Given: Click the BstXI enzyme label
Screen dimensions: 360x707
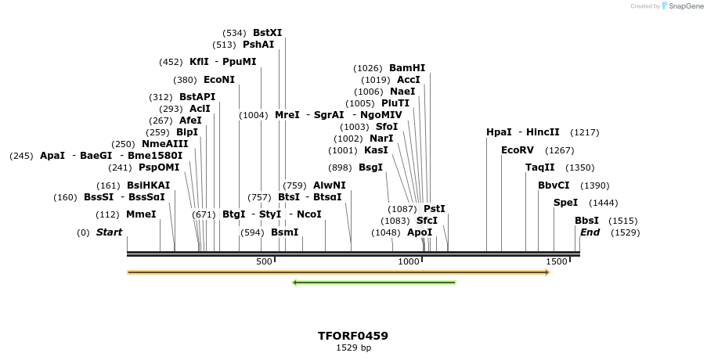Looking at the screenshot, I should pos(267,33).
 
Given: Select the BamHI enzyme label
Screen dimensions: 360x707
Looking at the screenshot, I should pos(407,68).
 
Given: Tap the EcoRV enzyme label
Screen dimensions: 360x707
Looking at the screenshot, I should pos(518,150).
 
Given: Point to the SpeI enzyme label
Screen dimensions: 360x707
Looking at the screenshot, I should pos(565,203).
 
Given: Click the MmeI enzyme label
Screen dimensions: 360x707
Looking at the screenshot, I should pos(141,214).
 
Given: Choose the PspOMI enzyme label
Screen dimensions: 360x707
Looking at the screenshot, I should pos(159,167).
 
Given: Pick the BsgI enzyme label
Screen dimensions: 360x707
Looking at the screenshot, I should pos(371,167).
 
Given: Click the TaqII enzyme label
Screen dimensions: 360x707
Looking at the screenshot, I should pos(539,167).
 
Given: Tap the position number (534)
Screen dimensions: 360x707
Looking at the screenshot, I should pos(235,33).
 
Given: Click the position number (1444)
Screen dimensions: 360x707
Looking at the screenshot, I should pos(603,203).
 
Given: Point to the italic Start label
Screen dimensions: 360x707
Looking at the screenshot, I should pos(109,232).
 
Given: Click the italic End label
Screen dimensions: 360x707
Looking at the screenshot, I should pos(590,232).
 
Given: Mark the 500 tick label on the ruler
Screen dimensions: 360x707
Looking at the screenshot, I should pos(264,261).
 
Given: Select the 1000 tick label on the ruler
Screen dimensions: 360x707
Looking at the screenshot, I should pos(409,261).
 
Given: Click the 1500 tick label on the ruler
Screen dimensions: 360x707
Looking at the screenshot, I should pos(556,261).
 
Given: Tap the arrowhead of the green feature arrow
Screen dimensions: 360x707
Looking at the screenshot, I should pos(295,283).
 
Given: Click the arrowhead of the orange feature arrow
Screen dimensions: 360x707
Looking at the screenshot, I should pos(546,272).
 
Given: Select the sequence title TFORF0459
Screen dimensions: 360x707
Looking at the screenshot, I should pos(353,336).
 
